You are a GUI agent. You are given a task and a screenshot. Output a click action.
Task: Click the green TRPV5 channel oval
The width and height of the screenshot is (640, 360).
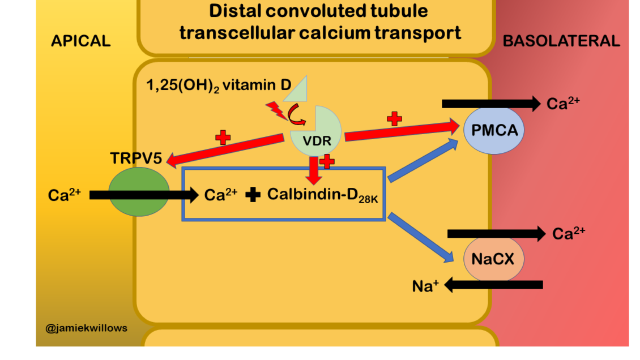[x=138, y=190]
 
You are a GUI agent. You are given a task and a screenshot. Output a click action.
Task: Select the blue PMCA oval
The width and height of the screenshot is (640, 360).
[x=494, y=131]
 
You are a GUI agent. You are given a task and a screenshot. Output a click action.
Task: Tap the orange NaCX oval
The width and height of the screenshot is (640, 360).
[x=493, y=259]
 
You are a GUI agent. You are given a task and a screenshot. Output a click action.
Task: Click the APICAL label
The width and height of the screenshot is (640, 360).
[x=80, y=41]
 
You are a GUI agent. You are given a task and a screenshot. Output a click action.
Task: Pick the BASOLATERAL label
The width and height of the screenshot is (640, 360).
[x=561, y=41]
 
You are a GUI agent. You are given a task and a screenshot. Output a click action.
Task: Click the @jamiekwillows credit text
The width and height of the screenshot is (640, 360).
[x=87, y=328]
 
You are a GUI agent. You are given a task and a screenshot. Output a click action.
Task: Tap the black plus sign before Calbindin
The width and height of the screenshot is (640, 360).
[x=254, y=195]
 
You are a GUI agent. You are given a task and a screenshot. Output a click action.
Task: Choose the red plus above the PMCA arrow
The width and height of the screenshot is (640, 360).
[x=394, y=119]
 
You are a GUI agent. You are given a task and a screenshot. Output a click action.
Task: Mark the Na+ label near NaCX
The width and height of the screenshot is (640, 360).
[x=425, y=286]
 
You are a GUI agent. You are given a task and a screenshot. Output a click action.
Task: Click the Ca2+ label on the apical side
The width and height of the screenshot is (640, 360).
[x=65, y=195]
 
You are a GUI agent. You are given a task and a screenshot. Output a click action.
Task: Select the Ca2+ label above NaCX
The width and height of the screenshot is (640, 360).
[x=569, y=234]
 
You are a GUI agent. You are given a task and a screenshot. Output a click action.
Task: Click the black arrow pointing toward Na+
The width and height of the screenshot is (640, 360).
[x=493, y=285]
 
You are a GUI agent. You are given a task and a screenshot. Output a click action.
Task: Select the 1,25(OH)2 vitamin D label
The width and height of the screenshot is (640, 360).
[x=219, y=85]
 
